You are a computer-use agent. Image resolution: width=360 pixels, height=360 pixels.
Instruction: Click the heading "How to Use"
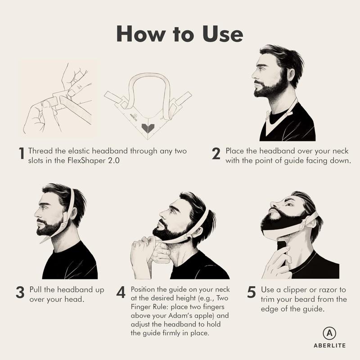(x=180, y=33)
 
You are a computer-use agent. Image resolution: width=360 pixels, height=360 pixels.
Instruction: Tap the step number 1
(x=21, y=154)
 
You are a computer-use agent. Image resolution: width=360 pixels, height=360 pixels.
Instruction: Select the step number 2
(x=216, y=154)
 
